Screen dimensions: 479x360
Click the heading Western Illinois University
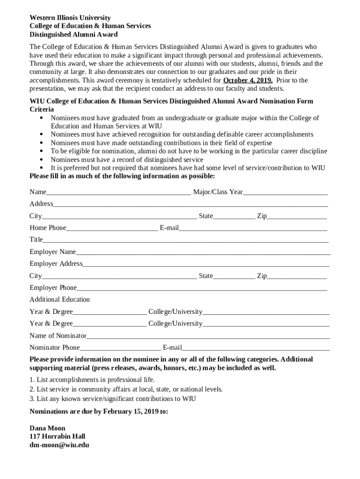70,18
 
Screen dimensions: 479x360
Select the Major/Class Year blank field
285,193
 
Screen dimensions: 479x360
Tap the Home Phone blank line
112,229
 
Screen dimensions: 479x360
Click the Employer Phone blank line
202,289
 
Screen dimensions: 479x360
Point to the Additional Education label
59,299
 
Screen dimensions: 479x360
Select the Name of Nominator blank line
208,336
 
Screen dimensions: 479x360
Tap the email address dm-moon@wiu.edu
59,445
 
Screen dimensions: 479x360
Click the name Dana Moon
47,428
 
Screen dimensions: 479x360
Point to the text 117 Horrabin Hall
57,436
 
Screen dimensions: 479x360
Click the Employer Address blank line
206,265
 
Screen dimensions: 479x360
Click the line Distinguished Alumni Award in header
73,35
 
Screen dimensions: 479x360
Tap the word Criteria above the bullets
42,109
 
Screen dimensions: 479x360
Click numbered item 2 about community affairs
126,389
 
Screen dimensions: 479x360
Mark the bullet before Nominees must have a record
43,160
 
